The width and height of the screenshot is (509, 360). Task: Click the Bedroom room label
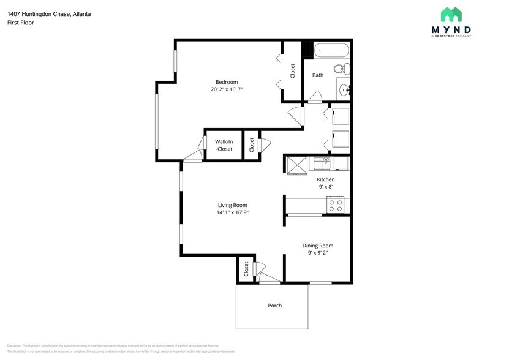[x=226, y=82]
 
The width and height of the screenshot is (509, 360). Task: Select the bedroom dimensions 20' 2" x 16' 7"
[x=226, y=89]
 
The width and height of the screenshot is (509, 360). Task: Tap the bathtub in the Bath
[x=331, y=50]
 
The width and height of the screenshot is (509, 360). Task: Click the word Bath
[x=318, y=75]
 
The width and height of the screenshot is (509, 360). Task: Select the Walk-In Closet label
[x=224, y=145]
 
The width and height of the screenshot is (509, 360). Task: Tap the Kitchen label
[x=325, y=179]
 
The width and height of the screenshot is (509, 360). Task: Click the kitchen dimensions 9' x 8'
[x=325, y=187]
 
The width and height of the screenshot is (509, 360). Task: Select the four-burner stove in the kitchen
[x=335, y=204]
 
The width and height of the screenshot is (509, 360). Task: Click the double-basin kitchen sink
[x=322, y=163]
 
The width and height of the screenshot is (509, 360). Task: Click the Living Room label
[x=232, y=205]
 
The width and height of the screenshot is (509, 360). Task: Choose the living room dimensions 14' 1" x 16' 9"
[x=232, y=212]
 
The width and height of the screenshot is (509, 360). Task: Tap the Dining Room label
[x=317, y=246]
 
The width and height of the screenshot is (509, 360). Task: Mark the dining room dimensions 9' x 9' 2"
[x=317, y=253]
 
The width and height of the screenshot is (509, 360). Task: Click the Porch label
[x=275, y=305]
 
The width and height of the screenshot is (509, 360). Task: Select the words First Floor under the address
[x=21, y=23]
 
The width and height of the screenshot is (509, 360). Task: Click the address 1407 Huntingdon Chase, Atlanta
[x=49, y=13]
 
